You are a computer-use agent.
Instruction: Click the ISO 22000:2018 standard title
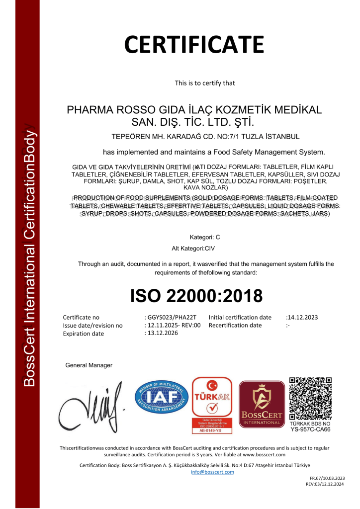(196, 296)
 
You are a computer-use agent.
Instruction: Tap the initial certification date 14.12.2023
(302, 317)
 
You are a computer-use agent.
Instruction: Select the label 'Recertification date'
(235, 325)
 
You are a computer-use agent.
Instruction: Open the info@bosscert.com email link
(212, 472)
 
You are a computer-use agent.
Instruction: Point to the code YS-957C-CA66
(310, 429)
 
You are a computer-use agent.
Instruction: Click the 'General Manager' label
(89, 365)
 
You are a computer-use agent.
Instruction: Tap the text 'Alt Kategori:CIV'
(193, 247)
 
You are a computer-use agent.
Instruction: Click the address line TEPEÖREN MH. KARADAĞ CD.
(207, 136)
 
